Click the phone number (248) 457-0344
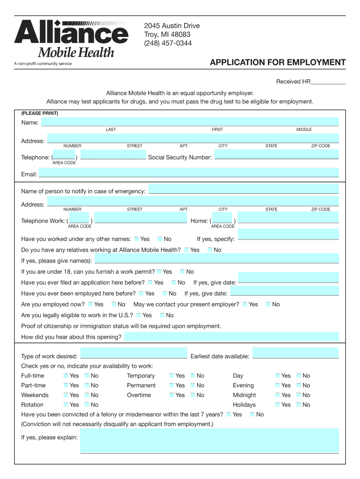[168, 44]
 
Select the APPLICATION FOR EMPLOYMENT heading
[278, 63]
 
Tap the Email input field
[188, 173]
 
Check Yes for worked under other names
[136, 239]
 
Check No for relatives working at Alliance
[210, 250]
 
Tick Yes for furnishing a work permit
[159, 272]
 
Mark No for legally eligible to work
[163, 315]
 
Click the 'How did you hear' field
[231, 337]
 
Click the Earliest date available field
[295, 354]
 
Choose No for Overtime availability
[194, 395]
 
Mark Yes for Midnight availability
[278, 395]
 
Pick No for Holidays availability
[299, 405]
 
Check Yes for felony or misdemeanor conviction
[228, 414]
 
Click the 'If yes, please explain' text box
[209, 441]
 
